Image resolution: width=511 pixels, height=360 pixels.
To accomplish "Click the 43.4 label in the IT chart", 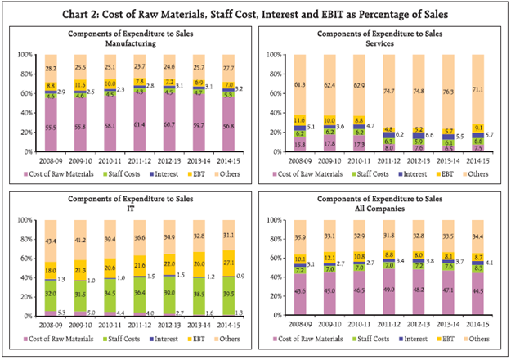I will click(x=51, y=240).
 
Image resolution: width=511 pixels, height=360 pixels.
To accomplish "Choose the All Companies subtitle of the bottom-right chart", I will click(x=384, y=210).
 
